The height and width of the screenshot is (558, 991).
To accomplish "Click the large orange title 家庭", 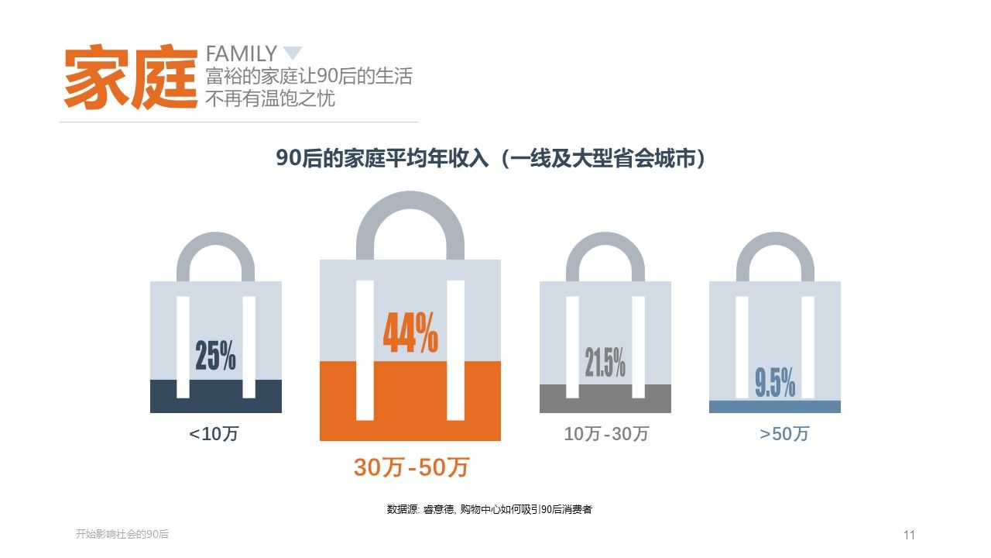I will tap(131, 77).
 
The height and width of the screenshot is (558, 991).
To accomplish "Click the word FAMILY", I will tap(241, 53).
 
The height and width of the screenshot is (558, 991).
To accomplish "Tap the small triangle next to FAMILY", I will tap(292, 53).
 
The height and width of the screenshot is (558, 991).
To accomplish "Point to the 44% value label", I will tap(410, 334).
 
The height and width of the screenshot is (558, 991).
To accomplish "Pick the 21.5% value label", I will tap(605, 362).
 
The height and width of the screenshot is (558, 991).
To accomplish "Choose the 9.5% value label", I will tap(775, 383).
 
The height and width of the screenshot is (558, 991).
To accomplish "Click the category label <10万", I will tap(214, 434).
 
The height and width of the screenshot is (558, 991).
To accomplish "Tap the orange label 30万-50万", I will tap(411, 467).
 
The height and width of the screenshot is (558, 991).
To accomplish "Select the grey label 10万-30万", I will tap(606, 434).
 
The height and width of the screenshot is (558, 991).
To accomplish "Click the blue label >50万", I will tap(784, 434).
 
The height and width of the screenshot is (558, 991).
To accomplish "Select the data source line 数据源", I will tap(489, 509).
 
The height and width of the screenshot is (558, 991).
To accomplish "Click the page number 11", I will tap(909, 535).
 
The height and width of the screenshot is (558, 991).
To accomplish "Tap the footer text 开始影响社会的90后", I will tap(122, 534).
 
